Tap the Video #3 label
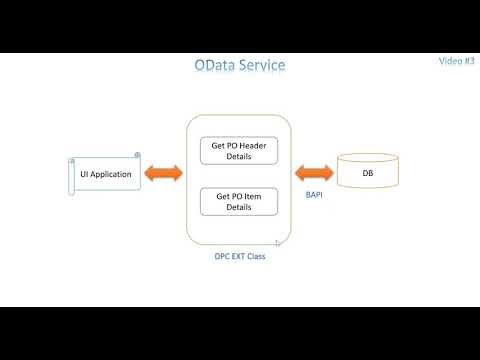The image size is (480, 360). (456, 60)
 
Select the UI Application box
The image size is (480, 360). (105, 174)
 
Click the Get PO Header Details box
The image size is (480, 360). (239, 151)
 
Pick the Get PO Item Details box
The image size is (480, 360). (239, 202)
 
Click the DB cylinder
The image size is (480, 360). (369, 172)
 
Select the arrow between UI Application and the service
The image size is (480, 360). (162, 173)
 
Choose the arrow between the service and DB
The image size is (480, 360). (313, 172)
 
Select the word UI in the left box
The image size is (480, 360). (84, 174)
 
